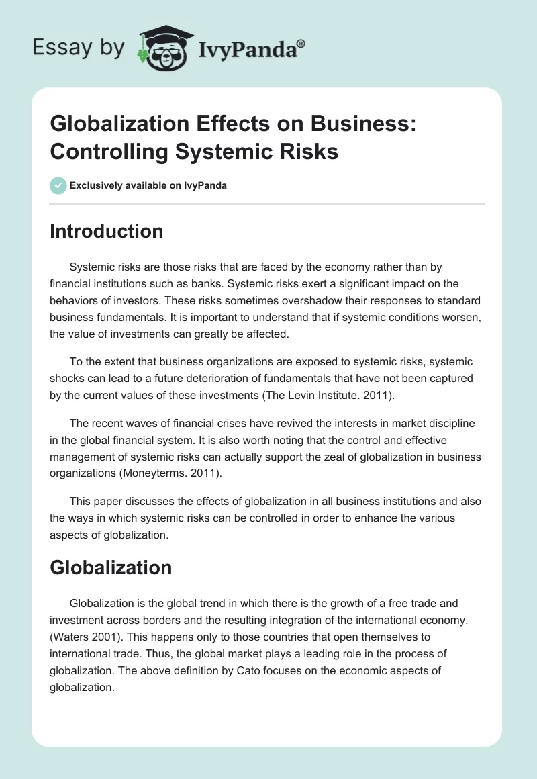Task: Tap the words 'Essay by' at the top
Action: tap(78, 48)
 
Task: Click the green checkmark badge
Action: tap(58, 185)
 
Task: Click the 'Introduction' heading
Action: tap(107, 231)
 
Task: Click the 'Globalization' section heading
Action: tap(111, 567)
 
